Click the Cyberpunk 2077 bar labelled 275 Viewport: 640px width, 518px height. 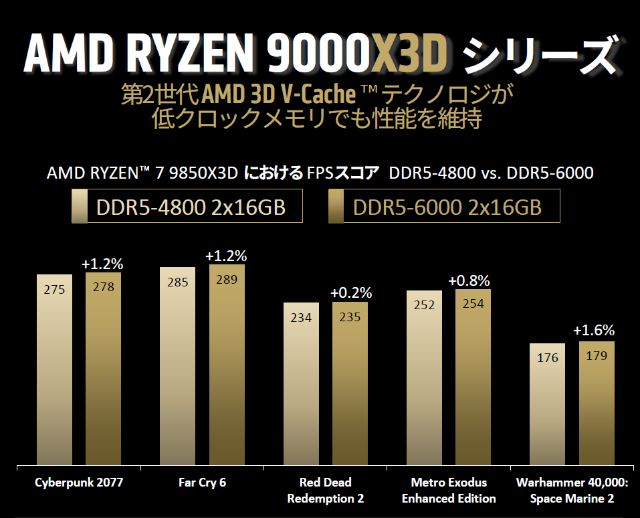point(54,368)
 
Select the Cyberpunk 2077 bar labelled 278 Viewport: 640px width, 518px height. point(103,368)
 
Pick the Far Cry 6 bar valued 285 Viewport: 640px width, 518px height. point(177,365)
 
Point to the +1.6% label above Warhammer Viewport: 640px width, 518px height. point(593,330)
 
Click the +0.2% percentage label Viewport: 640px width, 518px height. point(350,292)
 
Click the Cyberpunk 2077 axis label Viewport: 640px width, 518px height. point(79,483)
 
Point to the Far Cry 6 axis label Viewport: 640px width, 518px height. point(202,483)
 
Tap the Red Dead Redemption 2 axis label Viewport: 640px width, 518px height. point(326,490)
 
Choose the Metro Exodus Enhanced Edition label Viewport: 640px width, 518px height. point(449,490)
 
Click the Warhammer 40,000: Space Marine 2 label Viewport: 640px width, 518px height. point(572,490)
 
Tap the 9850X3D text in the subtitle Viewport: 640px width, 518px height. point(203,173)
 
